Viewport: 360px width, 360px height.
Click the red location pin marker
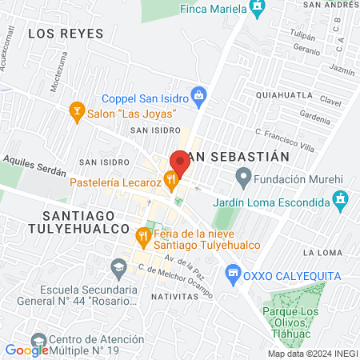coord(179,163)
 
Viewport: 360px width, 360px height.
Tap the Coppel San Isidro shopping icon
coord(201,98)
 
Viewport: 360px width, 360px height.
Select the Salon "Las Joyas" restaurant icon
coord(78,108)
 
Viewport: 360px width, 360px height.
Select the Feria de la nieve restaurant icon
coord(143,235)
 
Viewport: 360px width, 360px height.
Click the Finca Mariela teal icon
coord(257,10)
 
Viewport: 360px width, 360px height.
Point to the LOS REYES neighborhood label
coord(66,33)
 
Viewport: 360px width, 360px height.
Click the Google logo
coord(26,350)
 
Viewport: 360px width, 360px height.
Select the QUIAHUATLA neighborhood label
coord(284,94)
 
